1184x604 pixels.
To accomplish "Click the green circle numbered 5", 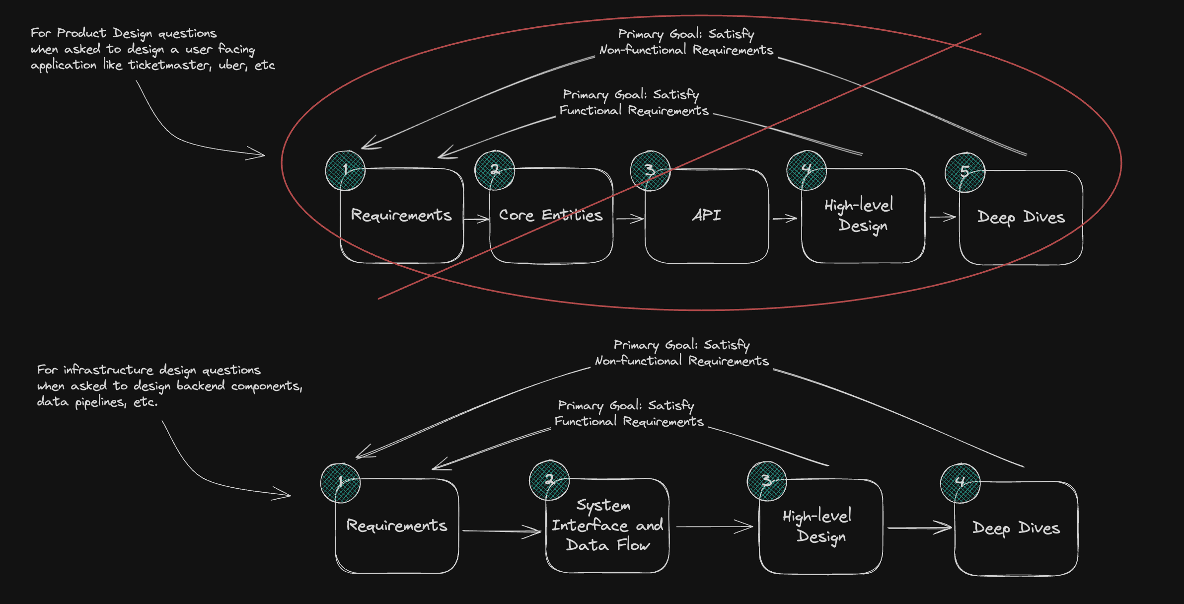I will tap(965, 172).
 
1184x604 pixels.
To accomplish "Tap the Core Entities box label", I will tap(550, 215).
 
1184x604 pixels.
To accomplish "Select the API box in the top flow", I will tap(706, 215).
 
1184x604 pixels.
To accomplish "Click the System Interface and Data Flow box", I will tap(607, 525).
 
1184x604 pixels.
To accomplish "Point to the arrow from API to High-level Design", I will tap(785, 218).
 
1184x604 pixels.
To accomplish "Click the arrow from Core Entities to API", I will tap(629, 218).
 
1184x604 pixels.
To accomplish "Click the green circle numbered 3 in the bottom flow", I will tap(767, 481).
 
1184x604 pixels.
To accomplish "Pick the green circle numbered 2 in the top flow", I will tap(495, 170).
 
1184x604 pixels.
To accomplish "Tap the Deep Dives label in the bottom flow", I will tap(1016, 528).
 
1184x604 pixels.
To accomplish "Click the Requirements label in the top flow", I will tap(401, 215).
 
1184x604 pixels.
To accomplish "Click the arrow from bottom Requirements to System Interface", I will tap(502, 531).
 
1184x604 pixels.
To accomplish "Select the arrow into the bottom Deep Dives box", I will tap(919, 528).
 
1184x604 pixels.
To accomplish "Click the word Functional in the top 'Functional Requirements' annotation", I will tap(590, 110).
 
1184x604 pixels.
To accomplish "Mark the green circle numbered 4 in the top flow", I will tap(807, 170).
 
